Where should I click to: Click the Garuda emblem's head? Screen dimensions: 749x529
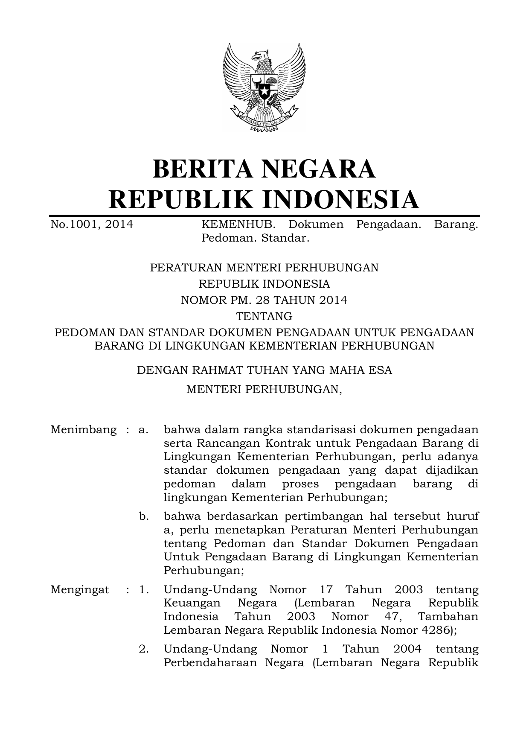260,57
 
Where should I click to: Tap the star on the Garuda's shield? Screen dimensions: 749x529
264,90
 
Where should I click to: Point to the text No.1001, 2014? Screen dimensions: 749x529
92,224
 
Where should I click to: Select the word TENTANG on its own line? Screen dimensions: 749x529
264,316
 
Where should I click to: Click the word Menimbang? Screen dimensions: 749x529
84,429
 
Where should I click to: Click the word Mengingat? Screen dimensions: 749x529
80,590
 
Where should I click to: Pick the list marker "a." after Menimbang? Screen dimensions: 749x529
143,429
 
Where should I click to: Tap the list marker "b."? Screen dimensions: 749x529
144,516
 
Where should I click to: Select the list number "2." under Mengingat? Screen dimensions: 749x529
144,649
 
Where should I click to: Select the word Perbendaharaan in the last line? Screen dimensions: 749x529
209,663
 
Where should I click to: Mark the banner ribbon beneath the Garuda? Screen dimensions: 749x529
264,119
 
